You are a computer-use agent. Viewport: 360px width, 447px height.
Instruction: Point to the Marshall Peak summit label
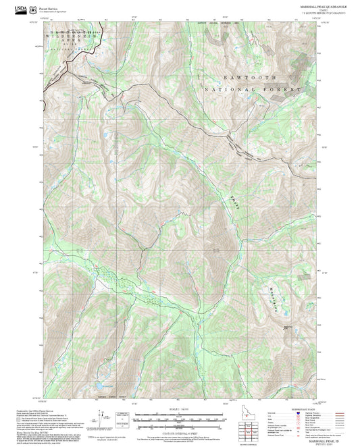point(288,328)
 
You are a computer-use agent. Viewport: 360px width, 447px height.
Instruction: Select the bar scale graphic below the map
point(179,418)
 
